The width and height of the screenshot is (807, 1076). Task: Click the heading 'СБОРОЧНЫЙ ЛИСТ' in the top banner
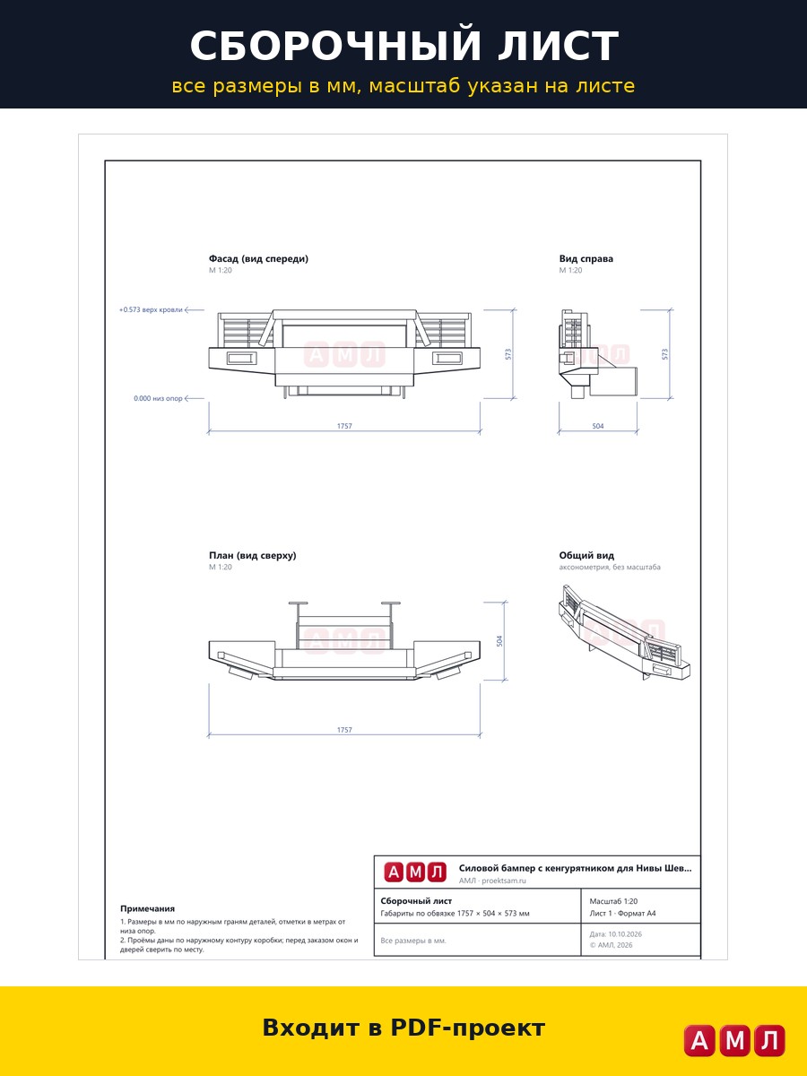(404, 46)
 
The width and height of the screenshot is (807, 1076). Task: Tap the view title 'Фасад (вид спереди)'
(259, 258)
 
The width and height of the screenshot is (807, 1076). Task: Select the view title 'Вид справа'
(586, 258)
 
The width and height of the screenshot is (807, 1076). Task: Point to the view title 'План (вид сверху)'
(253, 555)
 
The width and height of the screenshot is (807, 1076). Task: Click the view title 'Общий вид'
(586, 555)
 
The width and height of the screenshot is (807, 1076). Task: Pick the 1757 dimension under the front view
(344, 426)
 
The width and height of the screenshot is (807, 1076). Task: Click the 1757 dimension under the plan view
(344, 730)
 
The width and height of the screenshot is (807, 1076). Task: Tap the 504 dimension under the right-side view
(598, 426)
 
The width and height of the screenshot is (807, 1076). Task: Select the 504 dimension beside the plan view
(499, 641)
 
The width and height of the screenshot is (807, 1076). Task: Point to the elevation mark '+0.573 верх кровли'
(151, 310)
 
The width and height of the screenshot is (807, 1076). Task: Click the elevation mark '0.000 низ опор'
(158, 398)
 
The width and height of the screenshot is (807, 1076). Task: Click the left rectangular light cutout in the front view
(241, 359)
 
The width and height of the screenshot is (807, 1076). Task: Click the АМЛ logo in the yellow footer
(734, 1039)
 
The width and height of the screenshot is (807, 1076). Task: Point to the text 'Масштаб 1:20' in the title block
(613, 901)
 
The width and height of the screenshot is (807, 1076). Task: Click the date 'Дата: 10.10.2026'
(615, 933)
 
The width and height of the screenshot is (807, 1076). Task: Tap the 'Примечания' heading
(147, 908)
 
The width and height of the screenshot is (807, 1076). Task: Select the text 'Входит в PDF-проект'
(403, 1028)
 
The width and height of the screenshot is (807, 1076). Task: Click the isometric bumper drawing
(624, 632)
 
